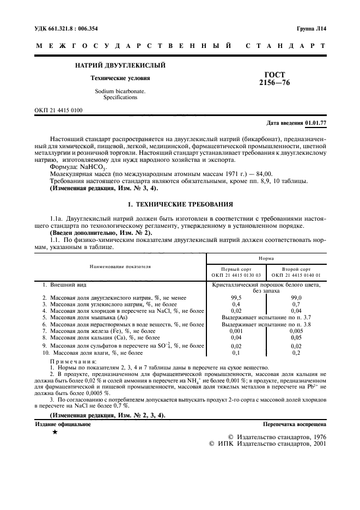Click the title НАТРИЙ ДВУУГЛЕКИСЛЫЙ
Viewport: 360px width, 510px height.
pyautogui.click(x=120, y=65)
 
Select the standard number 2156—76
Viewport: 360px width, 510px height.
pyautogui.click(x=275, y=83)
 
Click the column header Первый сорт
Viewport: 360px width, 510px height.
pyautogui.click(x=236, y=269)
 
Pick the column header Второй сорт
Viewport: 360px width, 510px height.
pyautogui.click(x=297, y=269)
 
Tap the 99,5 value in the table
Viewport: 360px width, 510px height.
pyautogui.click(x=236, y=297)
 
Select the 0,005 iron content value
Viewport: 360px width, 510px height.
pyautogui.click(x=297, y=331)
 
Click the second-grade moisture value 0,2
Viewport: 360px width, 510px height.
pyautogui.click(x=297, y=353)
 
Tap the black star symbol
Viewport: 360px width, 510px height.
pyautogui.click(x=54, y=432)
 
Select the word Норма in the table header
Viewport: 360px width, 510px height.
pyautogui.click(x=266, y=258)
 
